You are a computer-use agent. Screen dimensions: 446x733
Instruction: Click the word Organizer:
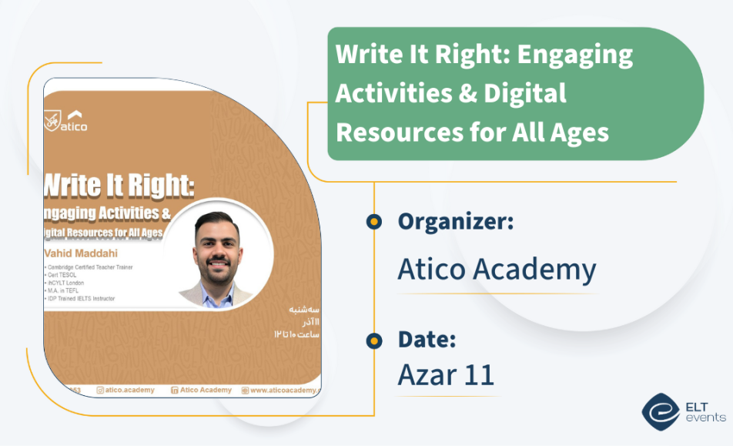[455, 223]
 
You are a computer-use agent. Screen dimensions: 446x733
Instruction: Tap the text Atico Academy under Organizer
[497, 270]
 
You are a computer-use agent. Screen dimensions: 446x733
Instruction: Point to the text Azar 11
[446, 374]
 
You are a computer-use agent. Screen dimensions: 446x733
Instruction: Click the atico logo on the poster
[67, 122]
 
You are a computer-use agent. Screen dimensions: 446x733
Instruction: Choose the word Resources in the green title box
[390, 132]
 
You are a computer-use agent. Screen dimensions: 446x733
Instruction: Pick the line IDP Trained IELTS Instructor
[82, 297]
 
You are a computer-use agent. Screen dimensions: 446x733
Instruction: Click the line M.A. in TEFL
[63, 290]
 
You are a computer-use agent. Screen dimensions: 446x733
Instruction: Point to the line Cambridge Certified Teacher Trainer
[89, 267]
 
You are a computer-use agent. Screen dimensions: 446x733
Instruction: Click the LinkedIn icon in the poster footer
[174, 390]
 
